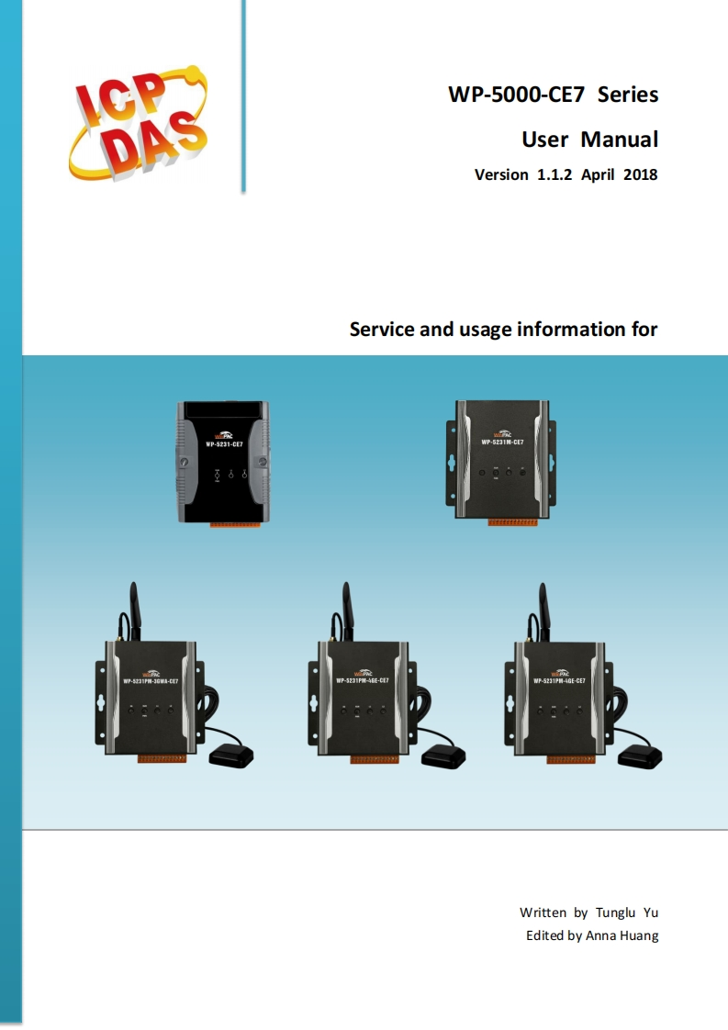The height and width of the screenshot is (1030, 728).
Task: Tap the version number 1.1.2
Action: (x=554, y=174)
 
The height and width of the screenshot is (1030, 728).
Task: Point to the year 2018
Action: (x=639, y=174)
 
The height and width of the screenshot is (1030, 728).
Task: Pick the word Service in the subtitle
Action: (x=382, y=329)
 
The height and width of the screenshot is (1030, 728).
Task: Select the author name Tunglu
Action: (x=614, y=912)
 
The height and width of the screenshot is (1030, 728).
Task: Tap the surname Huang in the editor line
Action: (x=639, y=935)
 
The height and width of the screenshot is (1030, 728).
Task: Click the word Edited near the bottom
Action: (x=544, y=935)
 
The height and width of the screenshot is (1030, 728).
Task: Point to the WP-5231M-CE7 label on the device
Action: (x=502, y=442)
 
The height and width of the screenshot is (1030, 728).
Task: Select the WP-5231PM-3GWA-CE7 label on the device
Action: (x=151, y=681)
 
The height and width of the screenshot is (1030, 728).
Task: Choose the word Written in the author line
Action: (x=543, y=912)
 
